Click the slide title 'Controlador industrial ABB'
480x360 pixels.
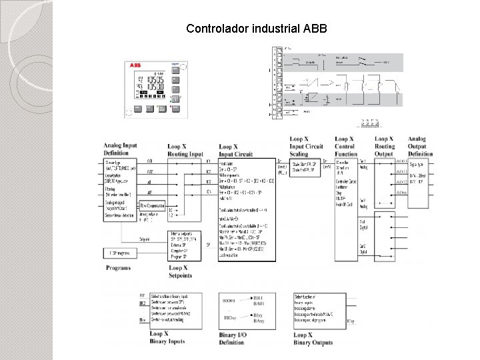pos(257,29)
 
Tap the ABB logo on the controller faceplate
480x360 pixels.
pos(136,66)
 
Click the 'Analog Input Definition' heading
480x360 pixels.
pos(120,149)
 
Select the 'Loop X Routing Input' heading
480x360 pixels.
pos(185,149)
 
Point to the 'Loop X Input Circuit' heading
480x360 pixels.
pos(238,149)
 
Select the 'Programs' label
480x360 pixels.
pos(118,268)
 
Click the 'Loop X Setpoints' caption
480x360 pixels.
pos(180,271)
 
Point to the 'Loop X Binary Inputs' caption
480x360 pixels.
pos(167,337)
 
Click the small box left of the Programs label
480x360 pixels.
pos(120,253)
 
